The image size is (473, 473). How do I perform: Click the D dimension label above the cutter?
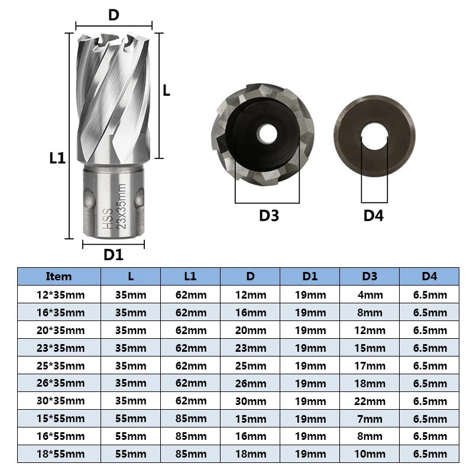point(114,15)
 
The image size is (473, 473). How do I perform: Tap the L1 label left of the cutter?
point(58,158)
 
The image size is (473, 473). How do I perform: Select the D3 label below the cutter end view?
point(268,215)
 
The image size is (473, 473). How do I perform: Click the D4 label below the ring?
point(373,215)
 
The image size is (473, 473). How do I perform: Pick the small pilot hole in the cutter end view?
point(267,133)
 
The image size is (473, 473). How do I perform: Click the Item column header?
point(59,276)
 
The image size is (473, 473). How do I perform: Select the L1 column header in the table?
point(190,276)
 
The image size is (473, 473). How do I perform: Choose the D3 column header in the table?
point(370,276)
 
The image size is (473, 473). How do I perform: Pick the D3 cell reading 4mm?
point(370,294)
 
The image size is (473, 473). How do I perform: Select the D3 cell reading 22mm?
point(370,401)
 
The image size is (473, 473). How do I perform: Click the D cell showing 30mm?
point(250,401)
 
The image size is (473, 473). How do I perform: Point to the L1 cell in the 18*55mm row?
point(190,455)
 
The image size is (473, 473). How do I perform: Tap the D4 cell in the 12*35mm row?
point(430,294)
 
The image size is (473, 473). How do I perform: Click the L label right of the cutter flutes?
point(167,90)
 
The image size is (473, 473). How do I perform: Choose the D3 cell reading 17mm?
point(370,366)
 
